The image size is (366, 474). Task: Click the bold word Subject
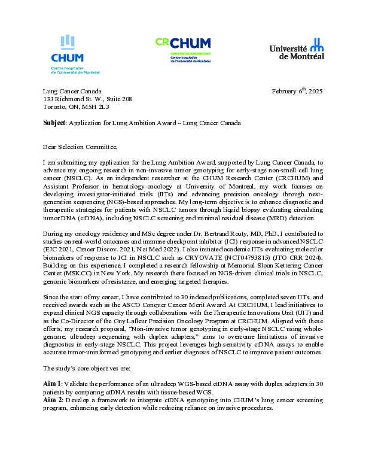pos(54,123)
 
